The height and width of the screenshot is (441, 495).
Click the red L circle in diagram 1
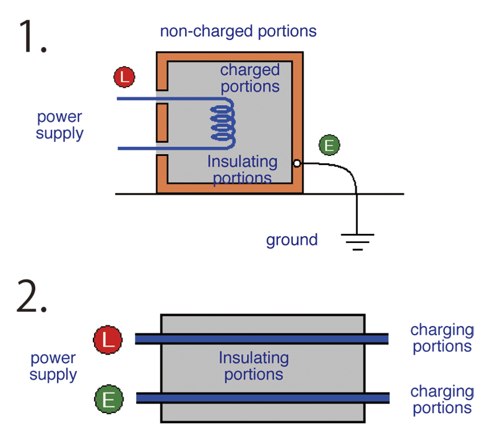click(124, 77)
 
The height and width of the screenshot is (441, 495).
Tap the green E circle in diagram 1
click(329, 145)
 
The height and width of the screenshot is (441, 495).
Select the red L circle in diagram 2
click(108, 340)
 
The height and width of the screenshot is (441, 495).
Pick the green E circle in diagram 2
click(109, 399)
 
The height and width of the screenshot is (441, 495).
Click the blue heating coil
click(223, 123)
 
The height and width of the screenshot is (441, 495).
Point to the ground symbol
click(358, 242)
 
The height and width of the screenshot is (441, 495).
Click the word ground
click(291, 240)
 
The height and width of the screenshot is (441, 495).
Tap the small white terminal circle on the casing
click(297, 163)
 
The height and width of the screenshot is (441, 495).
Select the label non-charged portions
click(238, 32)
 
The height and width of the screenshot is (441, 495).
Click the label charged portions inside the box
click(250, 79)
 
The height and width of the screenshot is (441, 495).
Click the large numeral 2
click(32, 296)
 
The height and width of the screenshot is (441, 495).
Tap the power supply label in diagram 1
click(59, 125)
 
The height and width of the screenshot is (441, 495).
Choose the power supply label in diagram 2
click(53, 367)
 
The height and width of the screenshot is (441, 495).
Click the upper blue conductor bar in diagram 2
click(262, 339)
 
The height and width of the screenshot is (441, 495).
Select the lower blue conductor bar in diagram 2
click(262, 398)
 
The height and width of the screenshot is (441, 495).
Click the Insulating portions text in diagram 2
click(254, 366)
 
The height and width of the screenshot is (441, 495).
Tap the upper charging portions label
click(442, 338)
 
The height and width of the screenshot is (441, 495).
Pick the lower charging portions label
click(442, 400)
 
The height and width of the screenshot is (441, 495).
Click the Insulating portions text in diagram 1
click(243, 170)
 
